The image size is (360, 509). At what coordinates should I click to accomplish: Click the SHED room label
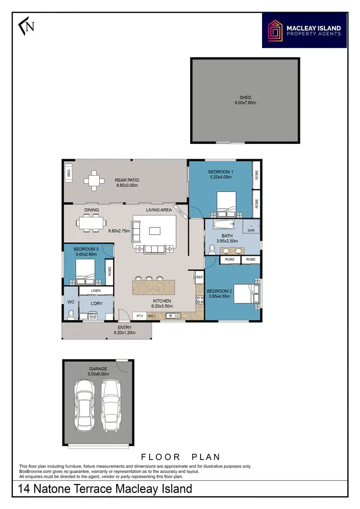[245, 97]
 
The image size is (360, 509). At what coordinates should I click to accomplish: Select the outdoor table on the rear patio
[94, 181]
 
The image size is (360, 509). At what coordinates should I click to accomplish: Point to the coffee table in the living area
[155, 231]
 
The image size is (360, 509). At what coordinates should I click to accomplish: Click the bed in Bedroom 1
[227, 203]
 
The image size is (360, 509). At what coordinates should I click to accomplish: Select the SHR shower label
[251, 230]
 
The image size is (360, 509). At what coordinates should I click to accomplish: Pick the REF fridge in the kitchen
[199, 277]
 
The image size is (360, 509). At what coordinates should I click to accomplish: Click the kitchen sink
[171, 316]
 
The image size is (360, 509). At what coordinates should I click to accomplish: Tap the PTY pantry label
[140, 316]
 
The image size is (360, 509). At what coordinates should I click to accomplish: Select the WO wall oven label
[150, 316]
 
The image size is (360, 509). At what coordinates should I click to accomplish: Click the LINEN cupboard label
[96, 291]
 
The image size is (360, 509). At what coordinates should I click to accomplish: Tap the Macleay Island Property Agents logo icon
[276, 30]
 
